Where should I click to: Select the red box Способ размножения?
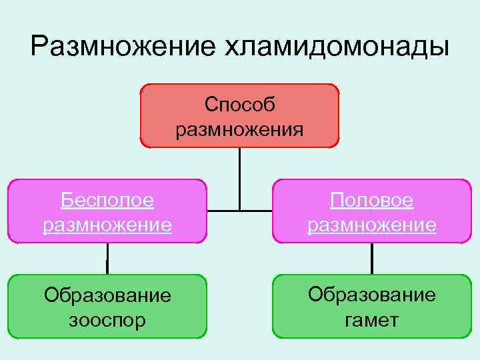[239, 115]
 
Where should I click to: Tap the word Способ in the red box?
[240, 104]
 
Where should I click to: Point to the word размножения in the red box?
[240, 128]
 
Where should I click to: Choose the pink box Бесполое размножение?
[107, 210]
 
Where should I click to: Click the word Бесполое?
[107, 199]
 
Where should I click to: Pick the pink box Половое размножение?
[371, 210]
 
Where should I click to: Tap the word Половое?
[372, 199]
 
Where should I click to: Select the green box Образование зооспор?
[107, 307]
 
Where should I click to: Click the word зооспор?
[107, 321]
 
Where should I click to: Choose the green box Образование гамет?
[371, 307]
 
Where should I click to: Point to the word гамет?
[372, 320]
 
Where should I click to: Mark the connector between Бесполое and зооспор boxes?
[107, 258]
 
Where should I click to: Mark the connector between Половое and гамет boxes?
[371, 258]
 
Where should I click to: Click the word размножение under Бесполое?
[107, 225]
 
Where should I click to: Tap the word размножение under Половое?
[372, 225]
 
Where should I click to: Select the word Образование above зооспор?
[107, 295]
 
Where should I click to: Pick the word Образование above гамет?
[372, 295]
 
